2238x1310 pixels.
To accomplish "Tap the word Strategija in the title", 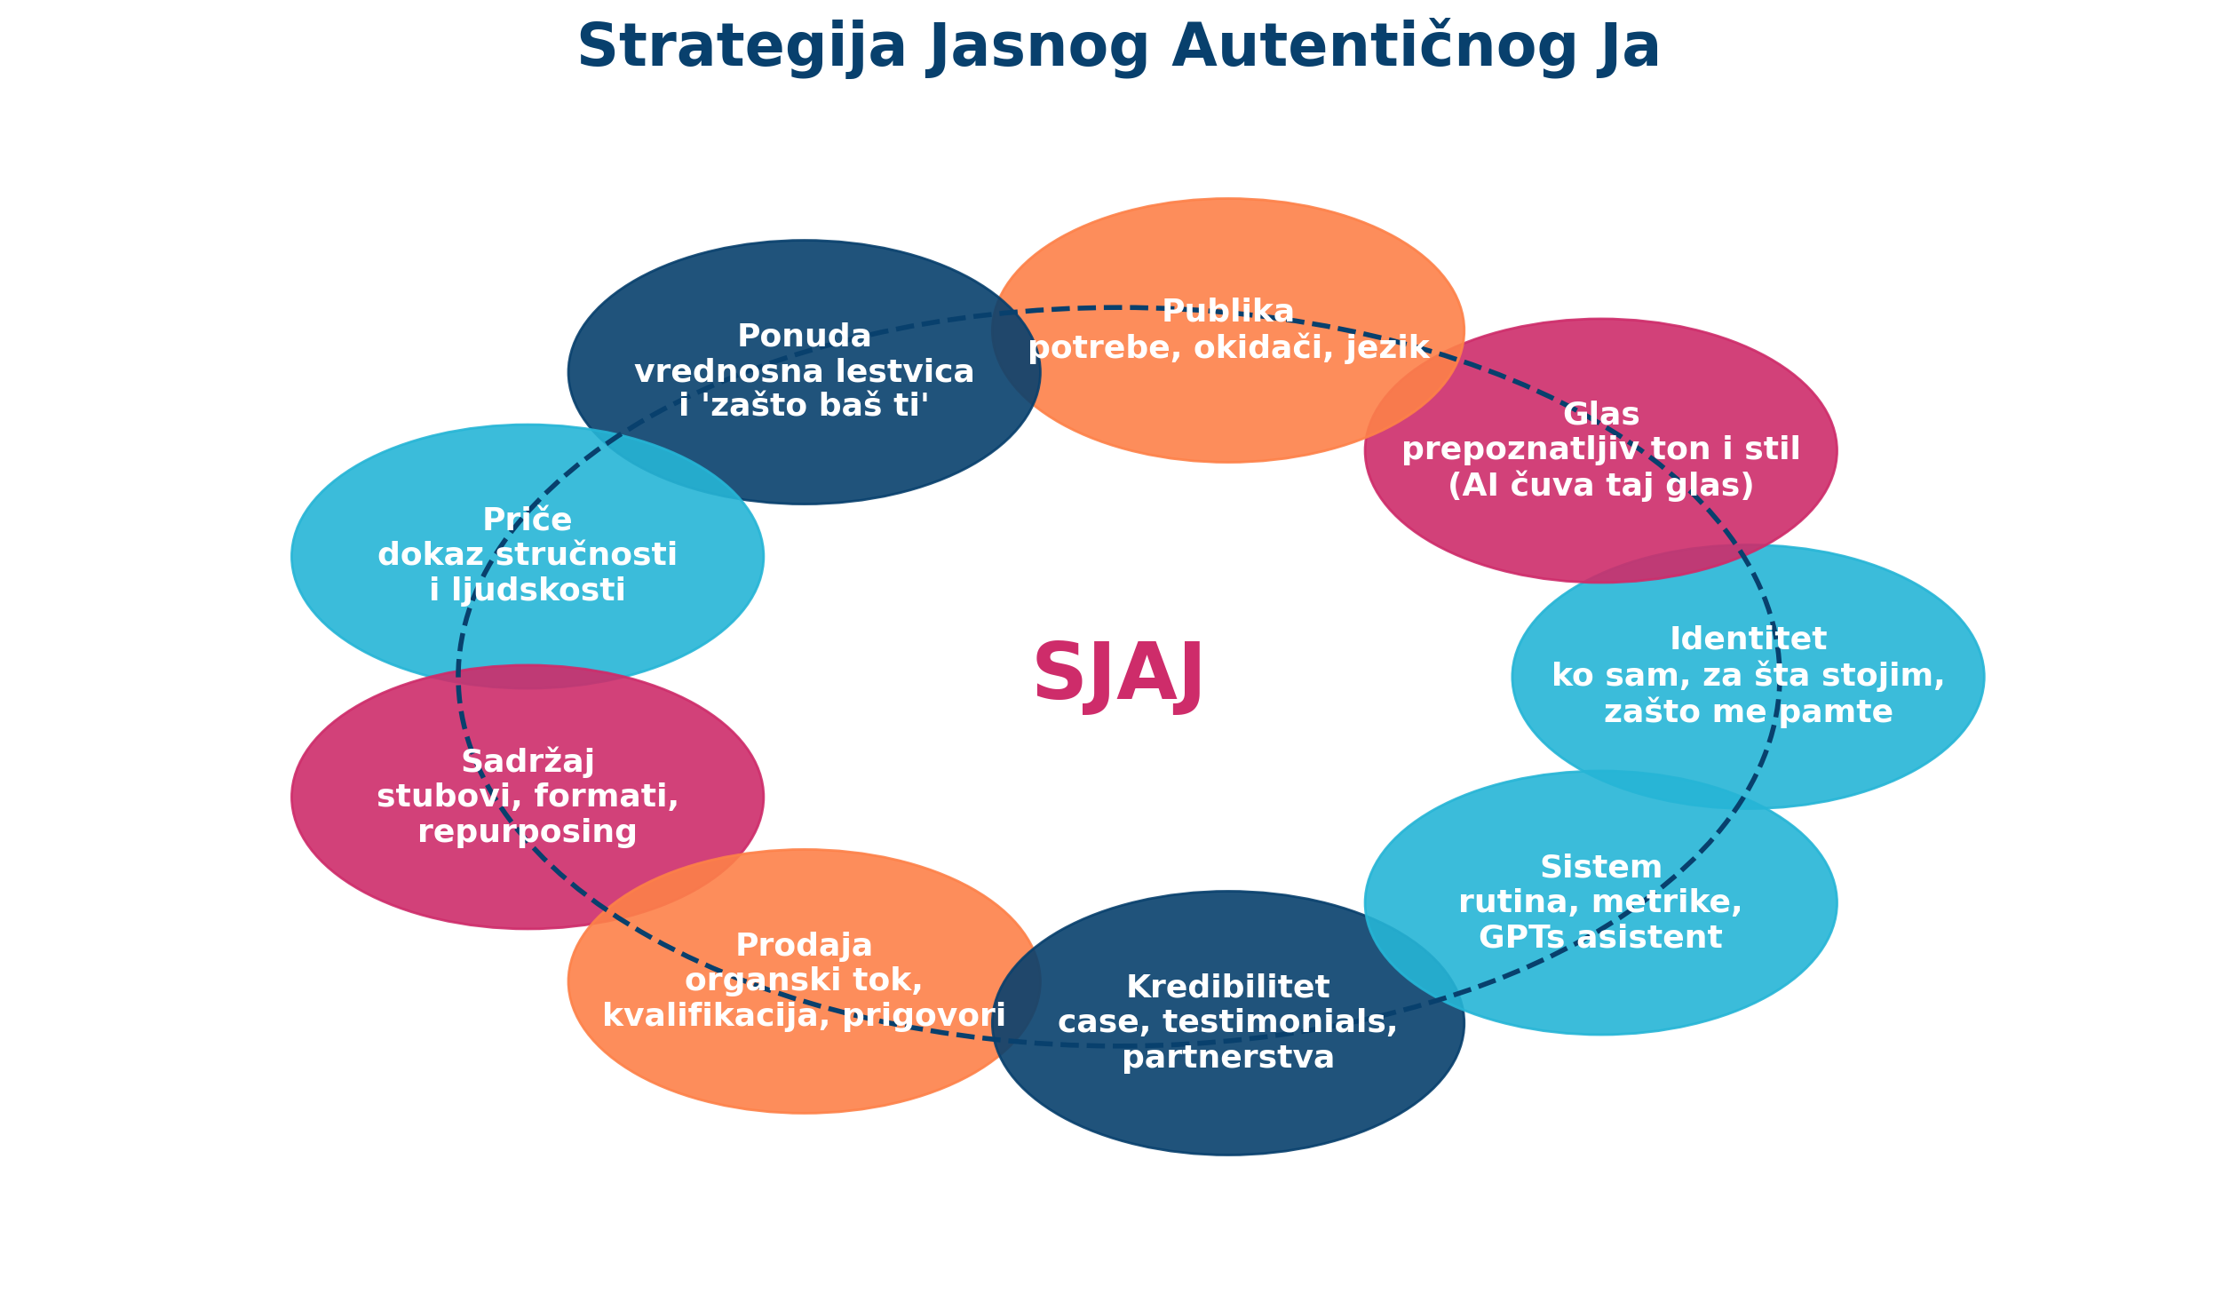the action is click(742, 48).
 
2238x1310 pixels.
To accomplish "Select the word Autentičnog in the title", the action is click(1375, 48).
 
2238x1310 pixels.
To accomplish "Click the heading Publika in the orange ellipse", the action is click(1227, 312).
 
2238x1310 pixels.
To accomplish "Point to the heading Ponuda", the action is click(805, 337).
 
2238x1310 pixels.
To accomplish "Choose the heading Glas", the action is click(1601, 415).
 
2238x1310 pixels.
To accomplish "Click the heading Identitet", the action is click(1749, 639).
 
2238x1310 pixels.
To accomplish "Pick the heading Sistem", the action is click(1601, 867).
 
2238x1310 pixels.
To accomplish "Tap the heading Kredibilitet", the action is click(1228, 987).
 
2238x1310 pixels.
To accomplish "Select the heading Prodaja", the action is click(805, 945).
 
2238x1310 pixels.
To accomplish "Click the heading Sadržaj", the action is click(528, 762).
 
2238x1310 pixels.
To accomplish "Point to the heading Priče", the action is click(528, 520).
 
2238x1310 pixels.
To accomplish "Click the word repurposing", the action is click(528, 832).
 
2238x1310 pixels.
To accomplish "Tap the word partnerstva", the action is click(1228, 1058).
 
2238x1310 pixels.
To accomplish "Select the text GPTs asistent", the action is click(1601, 938).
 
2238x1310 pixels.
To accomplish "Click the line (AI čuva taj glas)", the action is click(1601, 486).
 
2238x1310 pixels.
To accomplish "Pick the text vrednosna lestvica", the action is click(805, 372).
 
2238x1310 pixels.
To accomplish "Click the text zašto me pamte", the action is click(1749, 711).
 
